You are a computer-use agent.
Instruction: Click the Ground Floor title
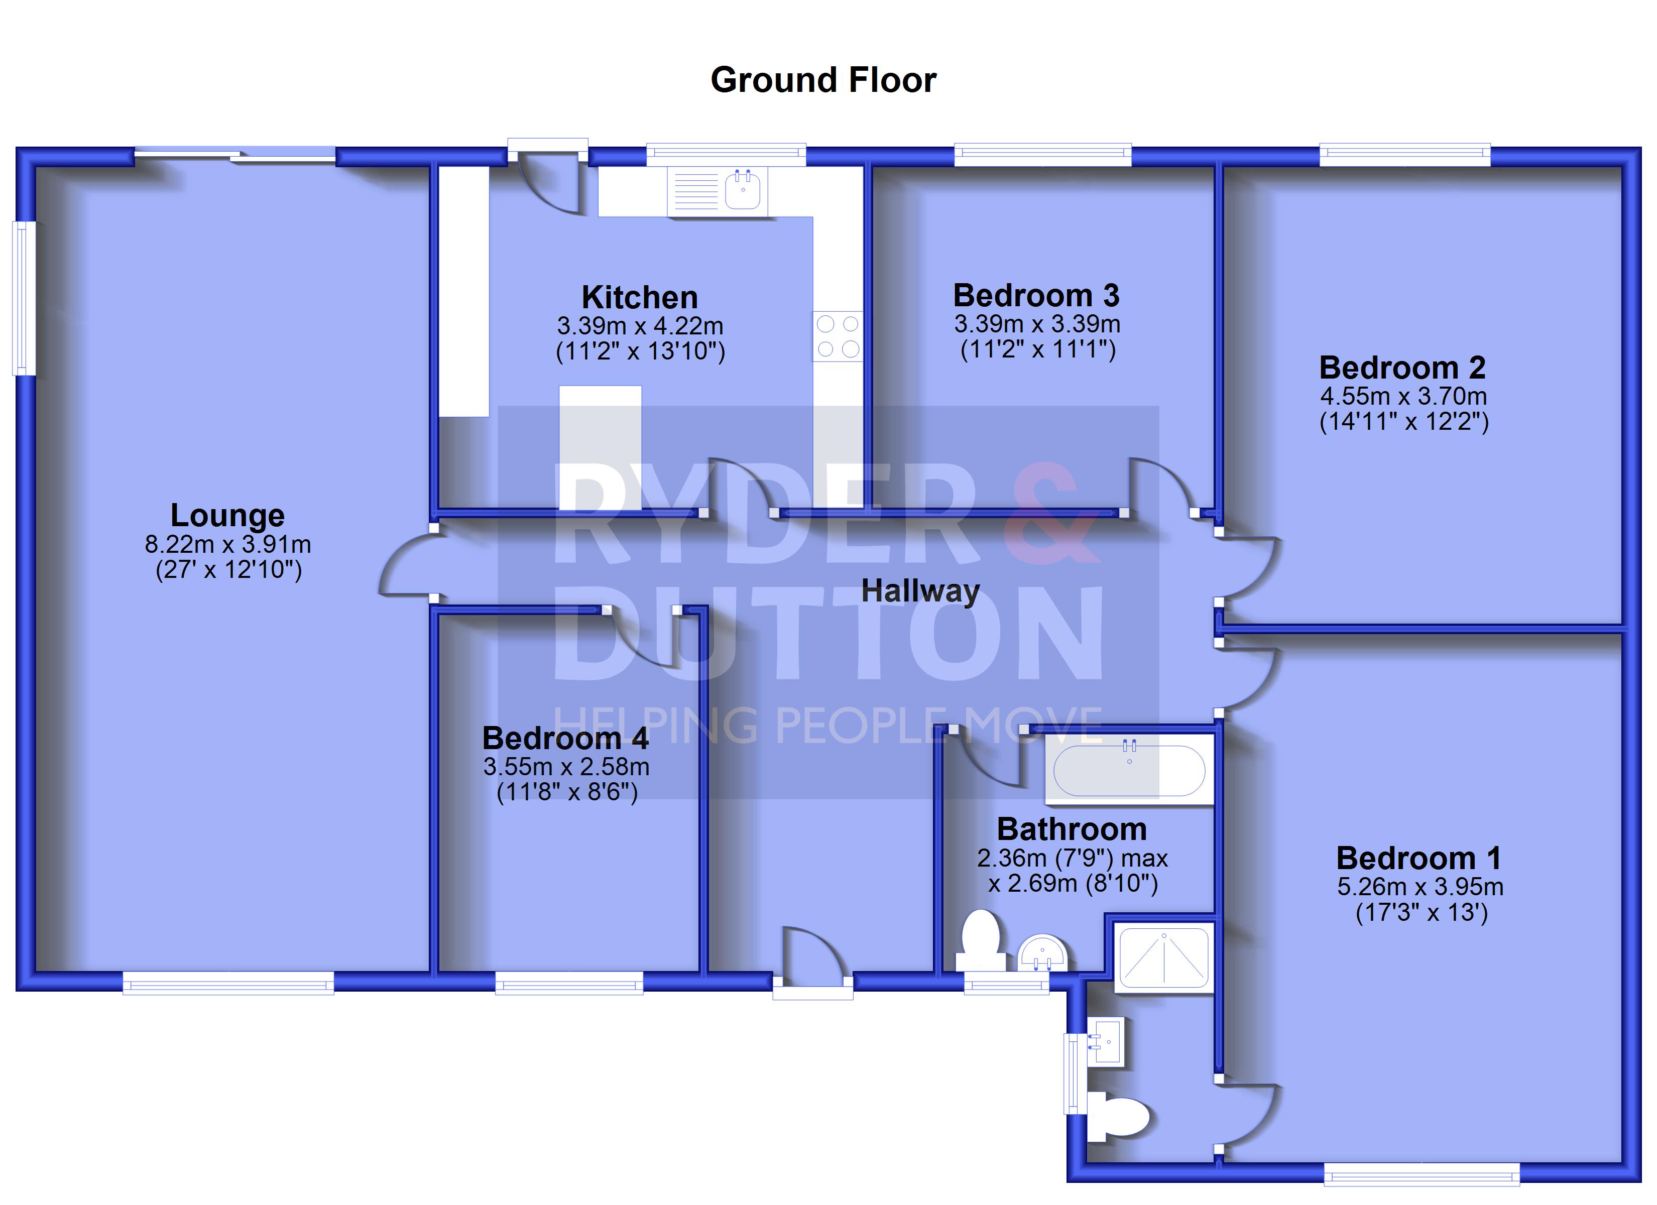click(x=823, y=80)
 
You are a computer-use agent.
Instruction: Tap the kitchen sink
click(x=718, y=191)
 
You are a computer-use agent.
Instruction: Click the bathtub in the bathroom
click(x=1129, y=770)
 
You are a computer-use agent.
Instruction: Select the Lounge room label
click(x=227, y=515)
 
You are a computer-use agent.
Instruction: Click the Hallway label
click(x=920, y=591)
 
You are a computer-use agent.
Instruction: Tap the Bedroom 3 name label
click(x=1036, y=295)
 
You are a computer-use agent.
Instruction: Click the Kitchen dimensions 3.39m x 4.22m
click(x=640, y=325)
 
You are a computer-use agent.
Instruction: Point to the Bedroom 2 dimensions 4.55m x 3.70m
click(x=1403, y=396)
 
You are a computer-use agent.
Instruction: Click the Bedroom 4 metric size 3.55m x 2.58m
click(x=566, y=767)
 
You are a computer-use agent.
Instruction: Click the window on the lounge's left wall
click(x=24, y=298)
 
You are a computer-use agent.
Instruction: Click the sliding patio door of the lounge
click(x=235, y=155)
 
